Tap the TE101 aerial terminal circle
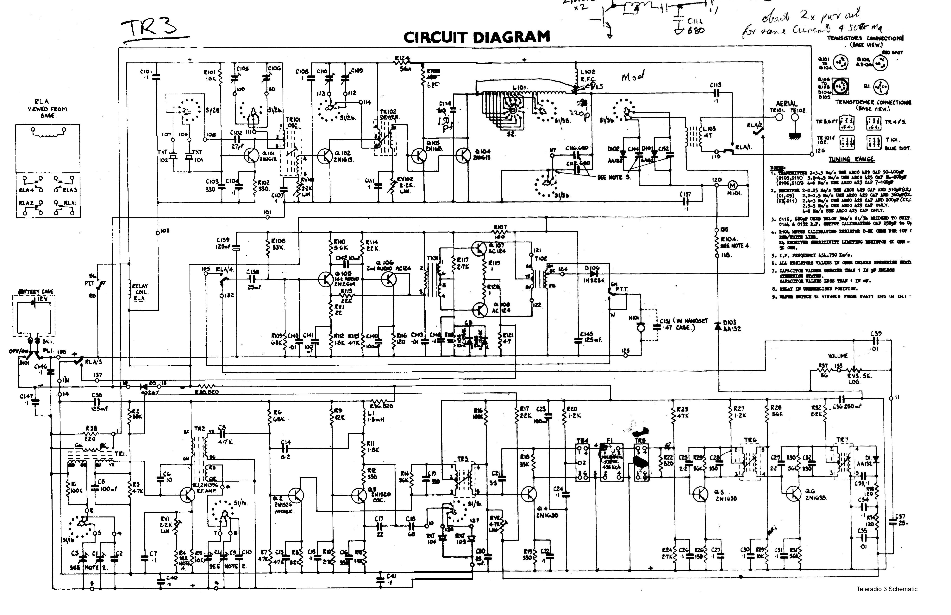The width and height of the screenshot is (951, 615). click(779, 117)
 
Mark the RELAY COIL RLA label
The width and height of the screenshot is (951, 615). click(140, 292)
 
